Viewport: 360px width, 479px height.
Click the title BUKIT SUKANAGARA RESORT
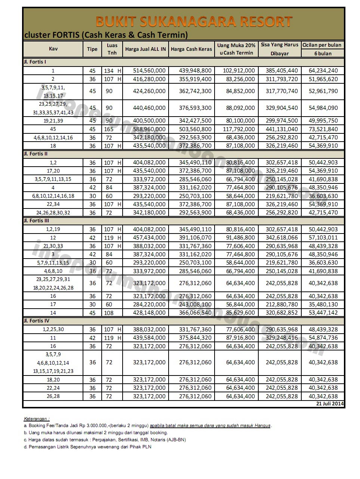point(194,22)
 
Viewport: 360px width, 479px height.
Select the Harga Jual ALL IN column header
point(145,49)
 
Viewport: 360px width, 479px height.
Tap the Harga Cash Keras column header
point(191,49)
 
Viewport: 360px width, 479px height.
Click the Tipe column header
point(92,49)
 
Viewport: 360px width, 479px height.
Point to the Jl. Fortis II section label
point(36,154)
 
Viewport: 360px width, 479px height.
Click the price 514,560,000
point(149,71)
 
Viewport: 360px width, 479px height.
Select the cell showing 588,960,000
point(149,129)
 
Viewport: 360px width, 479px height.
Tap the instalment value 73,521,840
point(323,129)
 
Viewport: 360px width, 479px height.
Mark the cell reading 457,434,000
point(149,238)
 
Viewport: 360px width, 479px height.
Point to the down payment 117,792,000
point(239,129)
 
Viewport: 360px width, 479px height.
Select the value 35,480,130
point(323,305)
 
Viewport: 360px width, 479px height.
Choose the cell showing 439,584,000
point(149,338)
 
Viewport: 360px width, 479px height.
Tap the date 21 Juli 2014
point(330,404)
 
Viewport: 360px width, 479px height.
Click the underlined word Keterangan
point(37,419)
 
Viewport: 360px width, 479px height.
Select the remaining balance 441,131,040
point(282,129)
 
